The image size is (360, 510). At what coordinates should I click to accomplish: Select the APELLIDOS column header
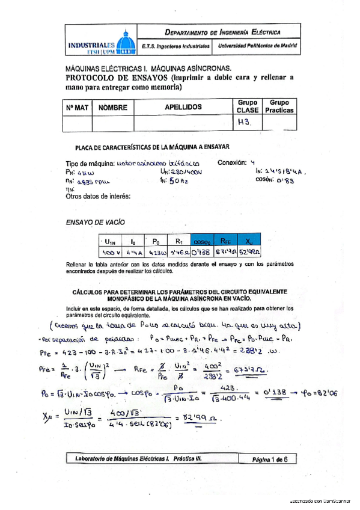coord(183,107)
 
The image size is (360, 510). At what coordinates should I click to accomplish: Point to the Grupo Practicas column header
coord(279,106)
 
